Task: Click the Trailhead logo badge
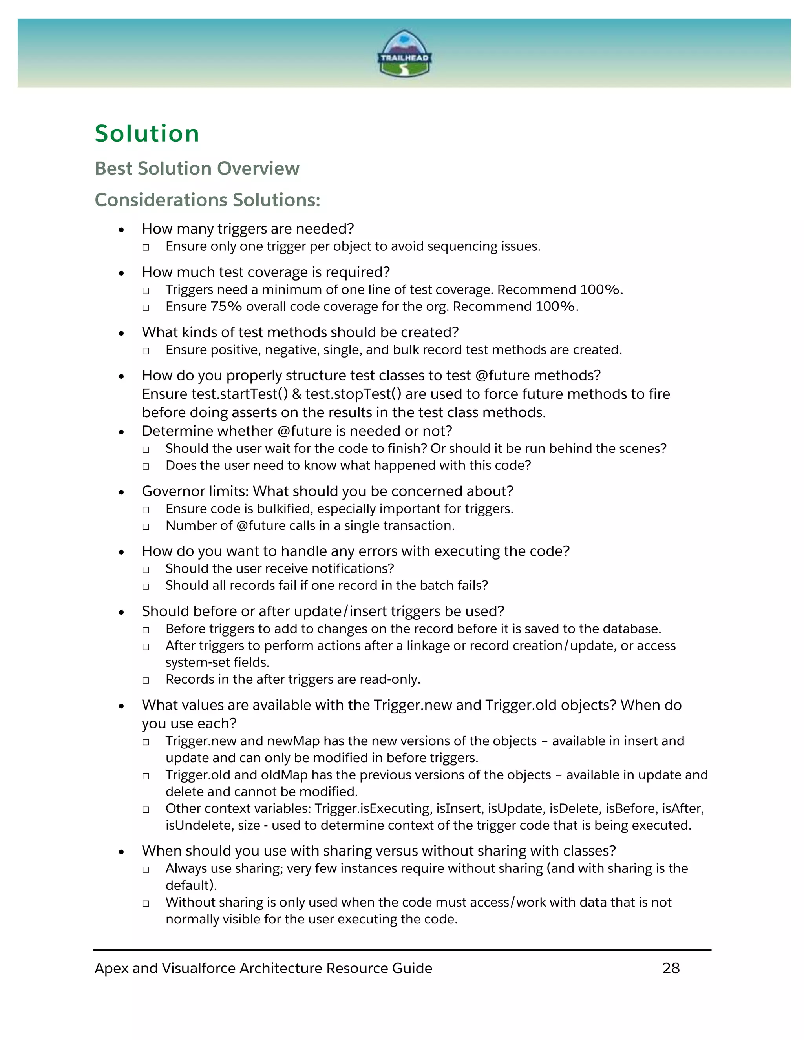tap(404, 54)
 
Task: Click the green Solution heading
tap(147, 133)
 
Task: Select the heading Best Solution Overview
tap(197, 169)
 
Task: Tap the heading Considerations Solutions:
tap(207, 200)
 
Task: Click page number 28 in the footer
tap(671, 968)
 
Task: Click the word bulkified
tap(284, 509)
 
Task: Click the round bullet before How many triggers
tap(121, 230)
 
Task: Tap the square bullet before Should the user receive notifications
tap(146, 569)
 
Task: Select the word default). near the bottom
tap(191, 885)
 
